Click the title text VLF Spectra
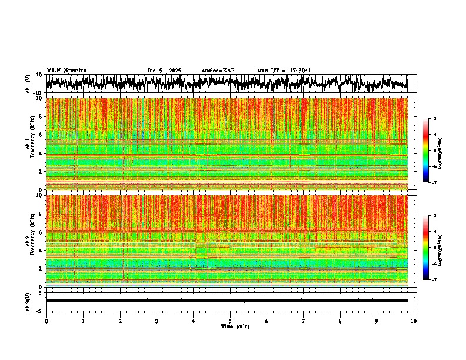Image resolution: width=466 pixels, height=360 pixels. point(66,70)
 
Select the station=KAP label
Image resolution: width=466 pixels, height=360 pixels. point(218,71)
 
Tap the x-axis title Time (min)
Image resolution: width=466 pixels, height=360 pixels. point(235,326)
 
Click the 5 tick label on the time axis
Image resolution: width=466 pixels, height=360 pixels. point(230,321)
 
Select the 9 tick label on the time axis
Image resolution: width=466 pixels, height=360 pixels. point(377,321)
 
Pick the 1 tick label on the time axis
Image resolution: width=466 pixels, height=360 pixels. point(83,321)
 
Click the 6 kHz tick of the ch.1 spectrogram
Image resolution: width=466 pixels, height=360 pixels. point(41,135)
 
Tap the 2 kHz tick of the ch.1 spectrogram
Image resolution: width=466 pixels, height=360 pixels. point(41,171)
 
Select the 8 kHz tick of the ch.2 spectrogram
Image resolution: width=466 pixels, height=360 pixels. point(41,214)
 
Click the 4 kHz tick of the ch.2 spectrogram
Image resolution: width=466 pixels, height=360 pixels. point(41,250)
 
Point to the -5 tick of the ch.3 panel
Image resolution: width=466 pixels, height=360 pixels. point(40,309)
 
